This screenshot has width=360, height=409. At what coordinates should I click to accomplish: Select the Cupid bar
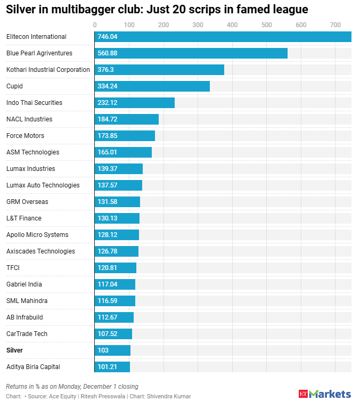[x=152, y=86]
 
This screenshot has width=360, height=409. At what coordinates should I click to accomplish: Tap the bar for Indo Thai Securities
[x=134, y=103]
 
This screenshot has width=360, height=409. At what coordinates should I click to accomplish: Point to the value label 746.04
[x=108, y=37]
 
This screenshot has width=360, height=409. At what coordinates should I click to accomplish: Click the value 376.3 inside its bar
[x=105, y=70]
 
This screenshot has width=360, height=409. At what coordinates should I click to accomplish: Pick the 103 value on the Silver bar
[x=103, y=350]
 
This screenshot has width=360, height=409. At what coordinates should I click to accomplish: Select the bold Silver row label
[x=14, y=350]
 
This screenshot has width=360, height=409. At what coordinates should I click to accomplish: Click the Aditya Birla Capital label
[x=33, y=367]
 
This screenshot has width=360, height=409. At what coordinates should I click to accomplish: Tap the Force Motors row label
[x=25, y=136]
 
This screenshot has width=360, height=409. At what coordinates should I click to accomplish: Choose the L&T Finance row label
[x=23, y=218]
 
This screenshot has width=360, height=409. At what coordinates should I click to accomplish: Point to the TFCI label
[x=13, y=268]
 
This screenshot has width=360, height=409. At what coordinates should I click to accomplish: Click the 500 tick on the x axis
[x=266, y=25]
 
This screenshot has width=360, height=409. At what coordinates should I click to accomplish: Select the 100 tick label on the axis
[x=129, y=25]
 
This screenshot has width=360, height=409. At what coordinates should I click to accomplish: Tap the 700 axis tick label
[x=335, y=25]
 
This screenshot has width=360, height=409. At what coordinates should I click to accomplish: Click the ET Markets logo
[x=324, y=394]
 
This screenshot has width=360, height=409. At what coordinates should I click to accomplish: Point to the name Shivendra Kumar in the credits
[x=169, y=396]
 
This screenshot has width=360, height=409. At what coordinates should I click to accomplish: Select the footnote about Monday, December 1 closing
[x=72, y=387]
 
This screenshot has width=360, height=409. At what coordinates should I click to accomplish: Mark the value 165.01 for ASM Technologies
[x=107, y=152]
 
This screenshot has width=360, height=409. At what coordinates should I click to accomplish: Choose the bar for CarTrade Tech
[x=113, y=334]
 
